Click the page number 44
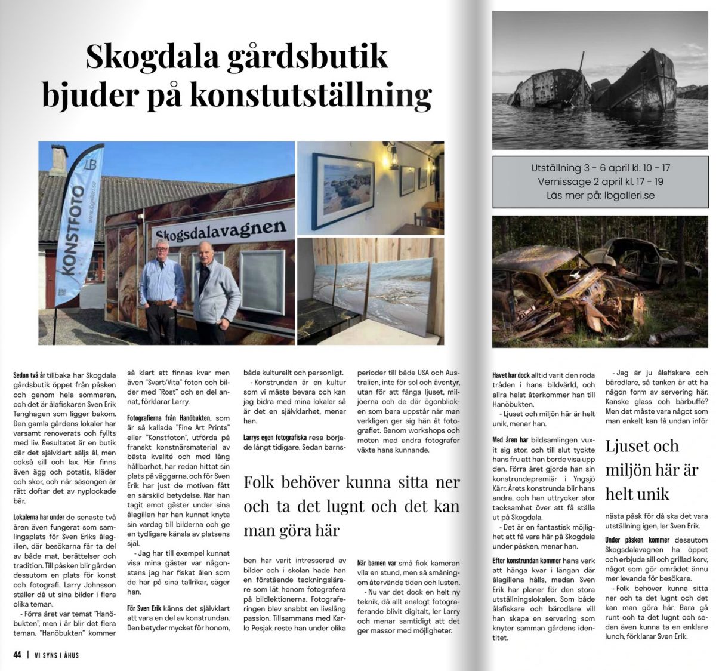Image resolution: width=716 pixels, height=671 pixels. click(17, 655)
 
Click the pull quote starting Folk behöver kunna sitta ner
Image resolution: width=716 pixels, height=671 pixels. click(351, 506)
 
